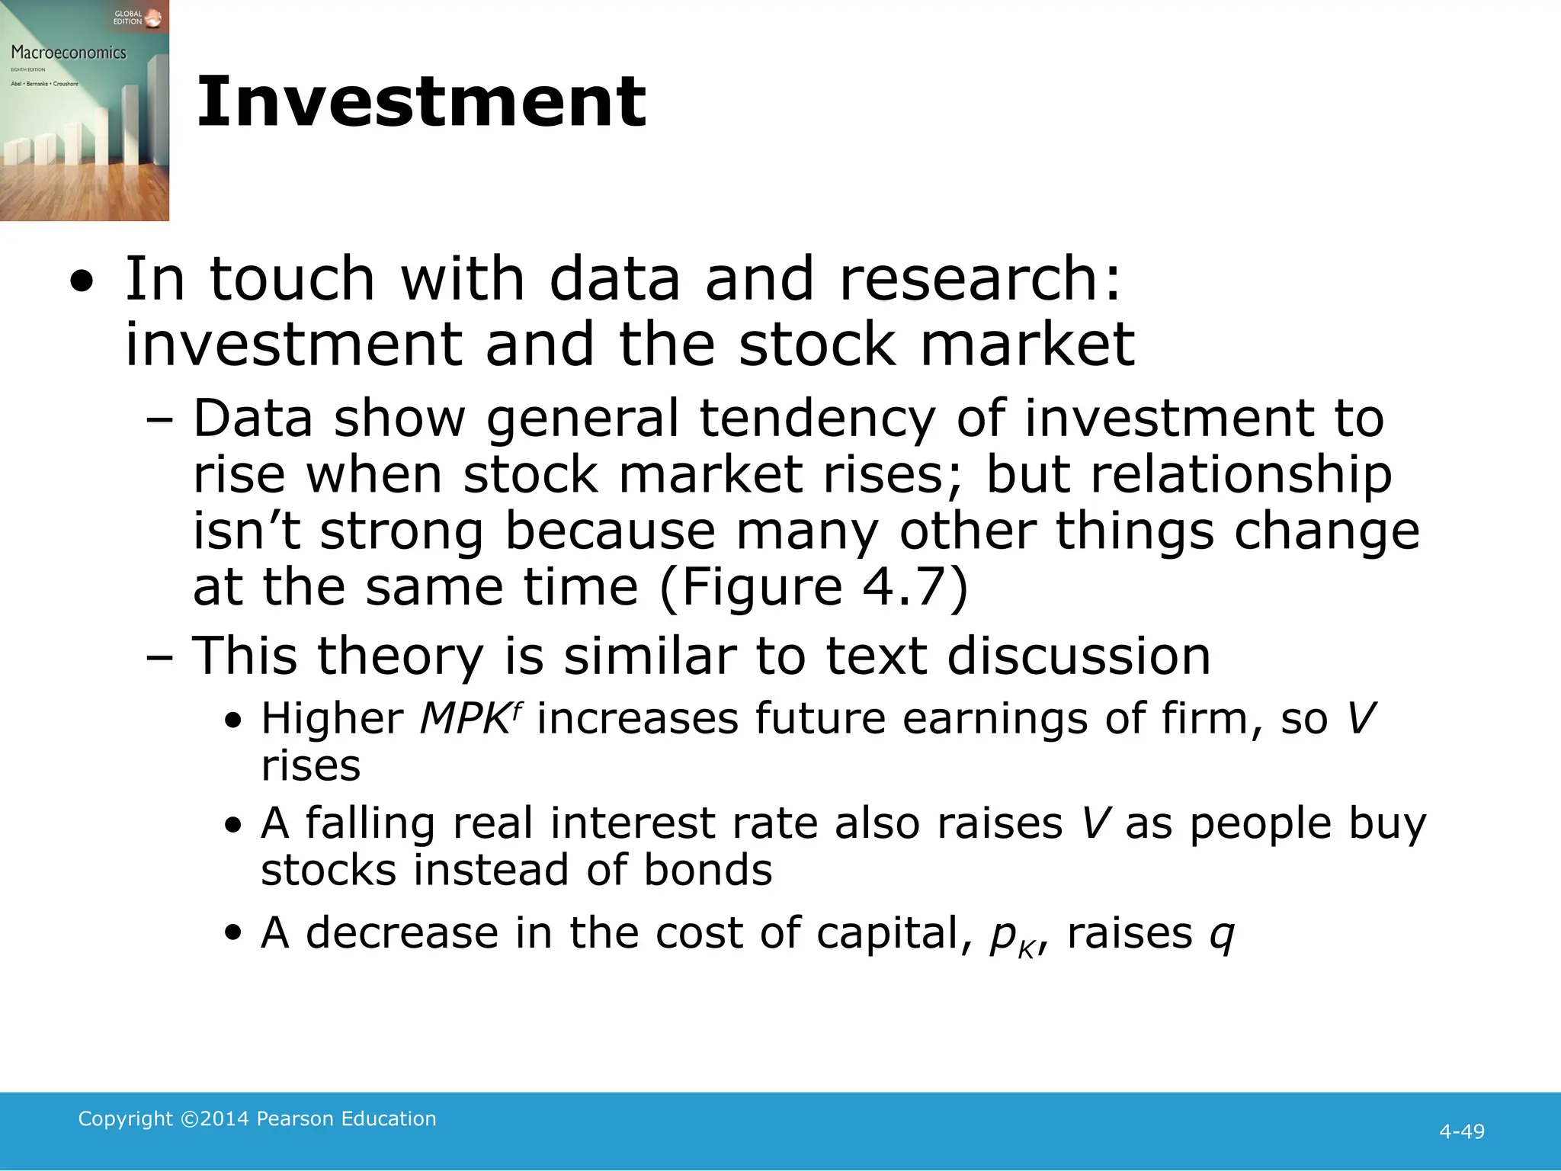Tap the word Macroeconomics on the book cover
click(x=69, y=53)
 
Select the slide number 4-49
click(x=1461, y=1131)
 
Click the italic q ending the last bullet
click(x=1222, y=935)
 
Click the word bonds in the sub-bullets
click(x=707, y=870)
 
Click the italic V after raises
click(x=1095, y=823)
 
